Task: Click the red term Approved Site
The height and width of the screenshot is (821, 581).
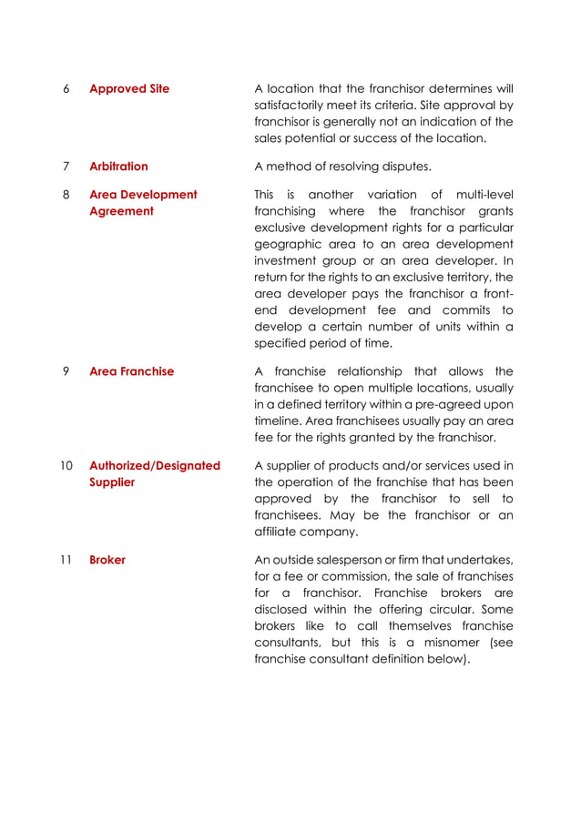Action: tap(128, 89)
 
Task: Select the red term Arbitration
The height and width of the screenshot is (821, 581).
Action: tap(118, 167)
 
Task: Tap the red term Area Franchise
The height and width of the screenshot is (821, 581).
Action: tap(131, 371)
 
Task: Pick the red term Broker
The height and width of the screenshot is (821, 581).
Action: tap(107, 560)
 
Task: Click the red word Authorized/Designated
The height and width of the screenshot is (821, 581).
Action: tap(155, 465)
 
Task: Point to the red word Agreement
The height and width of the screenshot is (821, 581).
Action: tap(121, 211)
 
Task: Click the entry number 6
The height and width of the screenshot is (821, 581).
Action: tap(66, 89)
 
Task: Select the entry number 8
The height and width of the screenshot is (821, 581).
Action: tap(66, 195)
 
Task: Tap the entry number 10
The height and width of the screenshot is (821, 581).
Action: tap(66, 465)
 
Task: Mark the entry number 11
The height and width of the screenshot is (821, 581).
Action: tap(66, 560)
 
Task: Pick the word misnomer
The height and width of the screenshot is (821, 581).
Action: tap(454, 643)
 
